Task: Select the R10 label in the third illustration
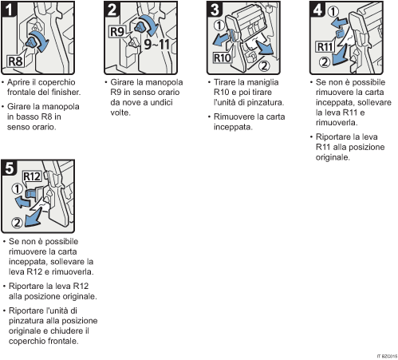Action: pos(222,58)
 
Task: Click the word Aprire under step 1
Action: pos(22,81)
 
